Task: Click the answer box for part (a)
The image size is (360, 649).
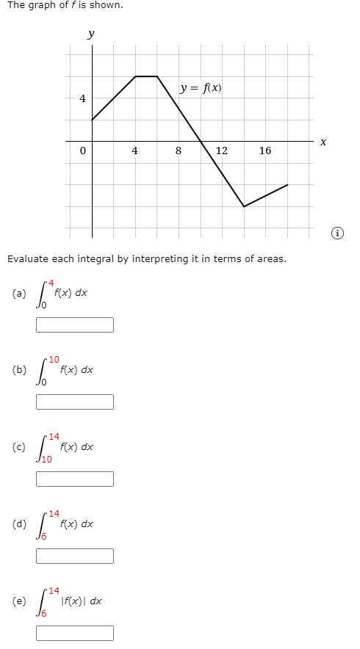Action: (x=75, y=324)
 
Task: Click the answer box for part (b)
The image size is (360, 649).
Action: (x=75, y=402)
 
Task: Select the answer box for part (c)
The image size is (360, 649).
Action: (x=75, y=479)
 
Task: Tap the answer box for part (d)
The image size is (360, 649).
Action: (x=75, y=556)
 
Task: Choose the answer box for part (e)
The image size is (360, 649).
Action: (x=75, y=633)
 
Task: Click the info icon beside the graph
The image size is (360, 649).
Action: (x=337, y=233)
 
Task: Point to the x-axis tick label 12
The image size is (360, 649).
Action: (x=221, y=151)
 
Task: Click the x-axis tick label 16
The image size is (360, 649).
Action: (x=265, y=151)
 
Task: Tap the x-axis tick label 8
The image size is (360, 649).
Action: (x=179, y=151)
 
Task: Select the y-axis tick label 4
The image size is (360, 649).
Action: (x=82, y=98)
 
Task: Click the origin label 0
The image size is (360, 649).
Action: (x=83, y=151)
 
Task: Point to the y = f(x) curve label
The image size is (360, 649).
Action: (x=201, y=89)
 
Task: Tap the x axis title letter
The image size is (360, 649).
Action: (x=323, y=144)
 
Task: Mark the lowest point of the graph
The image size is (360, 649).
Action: (x=244, y=206)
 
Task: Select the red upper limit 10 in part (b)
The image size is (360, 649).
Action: (x=54, y=359)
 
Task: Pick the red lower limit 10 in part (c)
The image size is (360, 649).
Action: (x=47, y=460)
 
